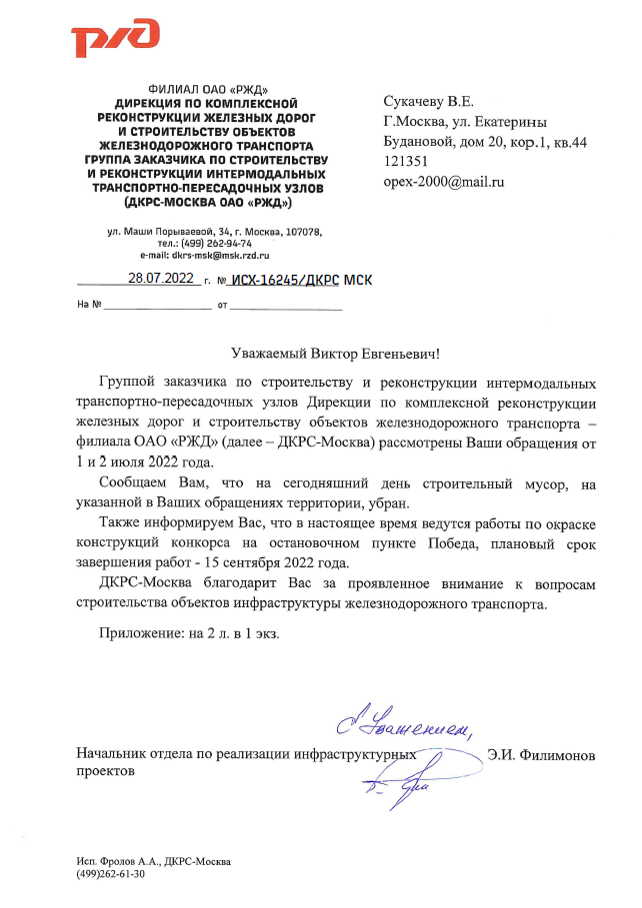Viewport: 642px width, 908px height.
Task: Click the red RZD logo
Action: (115, 39)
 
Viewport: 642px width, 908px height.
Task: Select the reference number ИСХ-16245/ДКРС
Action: (284, 281)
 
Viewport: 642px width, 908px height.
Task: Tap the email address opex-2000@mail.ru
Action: (443, 182)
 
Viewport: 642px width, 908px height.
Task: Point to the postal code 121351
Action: (406, 162)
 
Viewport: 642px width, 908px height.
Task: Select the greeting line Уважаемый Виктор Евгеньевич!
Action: (320, 353)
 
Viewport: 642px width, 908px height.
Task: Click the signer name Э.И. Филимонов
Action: (541, 755)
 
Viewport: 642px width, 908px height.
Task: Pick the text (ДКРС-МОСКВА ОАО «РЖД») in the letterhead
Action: (207, 202)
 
